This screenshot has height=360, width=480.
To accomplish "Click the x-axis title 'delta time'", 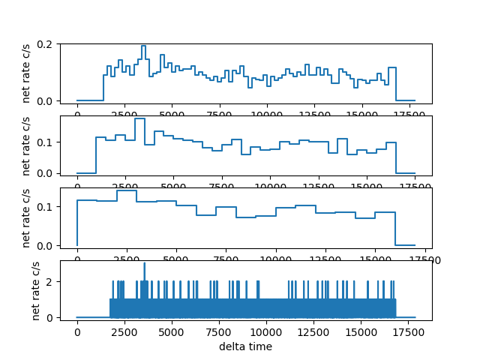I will (245, 346).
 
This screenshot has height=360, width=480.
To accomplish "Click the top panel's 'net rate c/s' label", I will (27, 72).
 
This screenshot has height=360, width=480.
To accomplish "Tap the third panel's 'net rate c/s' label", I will (27, 217).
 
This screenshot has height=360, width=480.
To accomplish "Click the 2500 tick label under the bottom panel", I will (124, 331).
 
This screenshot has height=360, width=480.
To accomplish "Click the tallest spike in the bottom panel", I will (145, 264).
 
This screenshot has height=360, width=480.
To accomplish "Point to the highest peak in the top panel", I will (143, 46).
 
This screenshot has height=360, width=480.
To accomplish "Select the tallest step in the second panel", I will (139, 118).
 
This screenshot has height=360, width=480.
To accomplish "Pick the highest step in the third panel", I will (126, 190).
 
